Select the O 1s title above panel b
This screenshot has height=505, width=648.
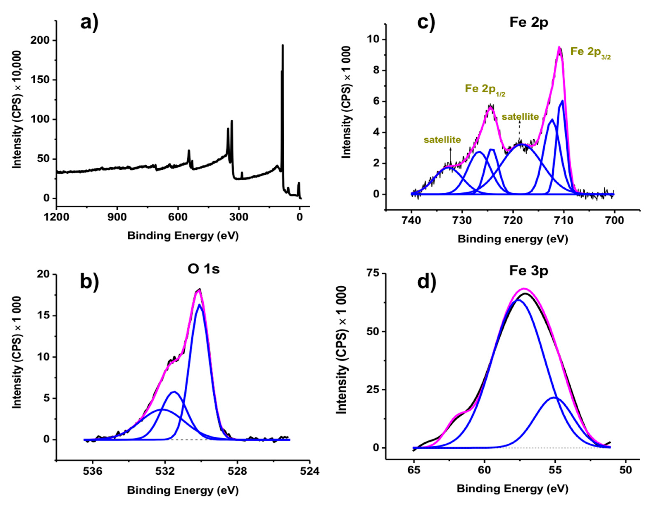[204, 269]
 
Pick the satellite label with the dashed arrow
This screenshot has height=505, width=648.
[520, 117]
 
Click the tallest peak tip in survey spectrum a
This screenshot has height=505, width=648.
[282, 45]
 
